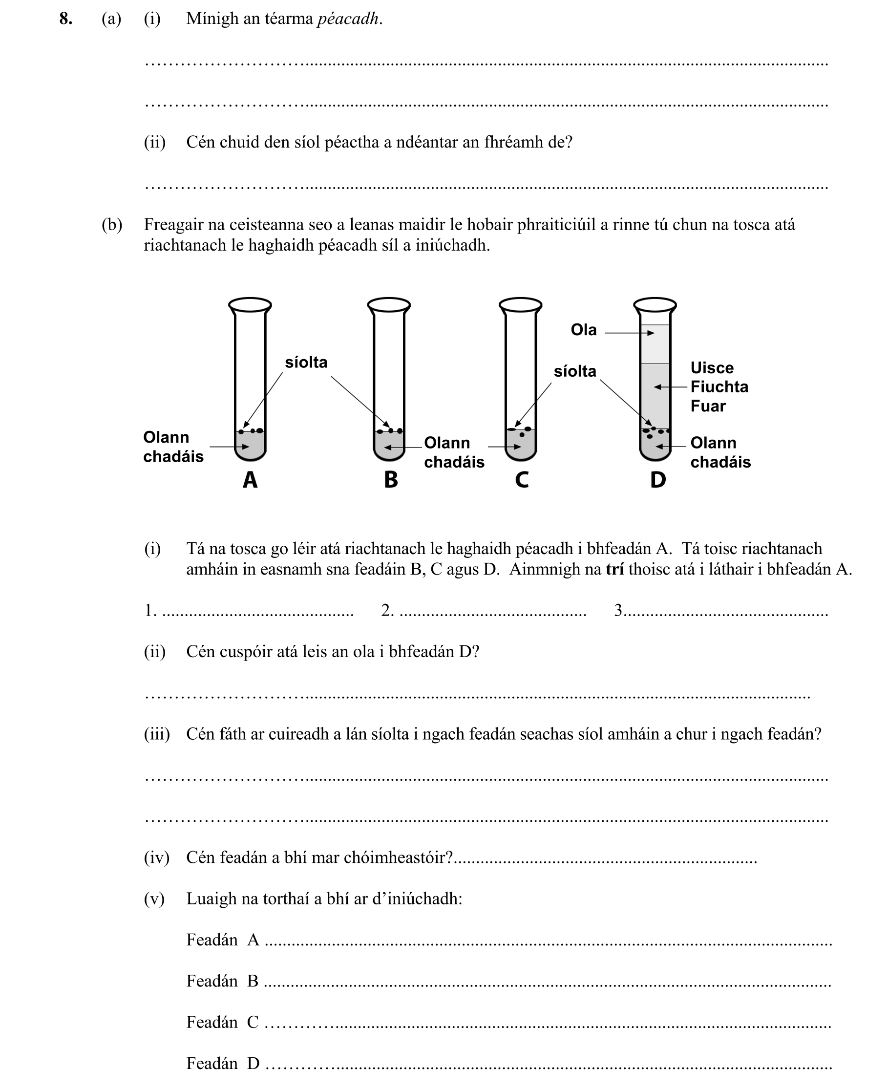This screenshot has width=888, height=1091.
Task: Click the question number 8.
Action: point(65,19)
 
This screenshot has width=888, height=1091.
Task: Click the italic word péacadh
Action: point(348,19)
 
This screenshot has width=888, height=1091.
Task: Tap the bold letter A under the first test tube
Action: point(250,480)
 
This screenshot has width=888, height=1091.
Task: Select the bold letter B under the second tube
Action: point(391,480)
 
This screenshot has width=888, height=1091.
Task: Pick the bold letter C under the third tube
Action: point(522,480)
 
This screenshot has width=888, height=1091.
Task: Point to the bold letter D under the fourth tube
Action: point(658,480)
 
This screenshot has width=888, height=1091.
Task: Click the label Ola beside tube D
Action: point(583,330)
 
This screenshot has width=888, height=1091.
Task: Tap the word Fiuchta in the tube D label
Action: point(719,387)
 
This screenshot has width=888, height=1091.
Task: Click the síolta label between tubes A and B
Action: point(306,363)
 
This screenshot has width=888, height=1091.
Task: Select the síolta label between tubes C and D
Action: point(575,371)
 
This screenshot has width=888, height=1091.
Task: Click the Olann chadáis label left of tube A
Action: point(173,447)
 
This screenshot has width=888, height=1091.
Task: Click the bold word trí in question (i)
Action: point(614,570)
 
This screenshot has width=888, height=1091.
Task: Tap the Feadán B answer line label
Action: point(222,982)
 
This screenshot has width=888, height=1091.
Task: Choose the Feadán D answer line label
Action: point(223,1064)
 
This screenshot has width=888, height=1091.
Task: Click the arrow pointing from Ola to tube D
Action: point(629,333)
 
